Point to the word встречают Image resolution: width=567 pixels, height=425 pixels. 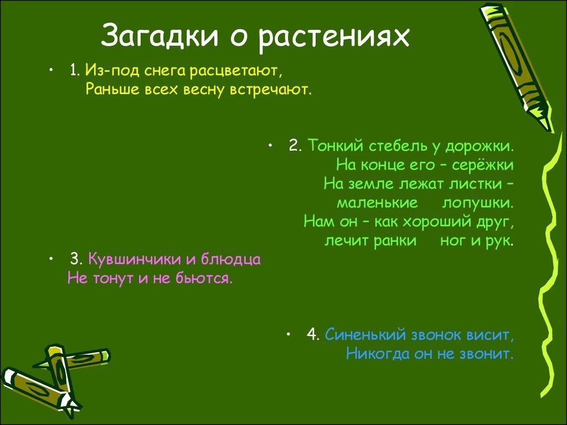(x=270, y=90)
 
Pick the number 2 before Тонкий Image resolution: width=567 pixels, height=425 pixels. (x=295, y=146)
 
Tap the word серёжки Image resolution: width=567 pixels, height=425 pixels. (x=483, y=165)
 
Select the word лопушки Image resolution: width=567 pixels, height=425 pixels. (x=478, y=203)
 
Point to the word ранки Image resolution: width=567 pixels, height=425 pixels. (x=395, y=241)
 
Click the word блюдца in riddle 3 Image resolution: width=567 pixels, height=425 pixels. (x=231, y=260)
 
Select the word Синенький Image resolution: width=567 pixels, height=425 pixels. (x=365, y=335)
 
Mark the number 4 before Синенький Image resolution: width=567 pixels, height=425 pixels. (x=313, y=335)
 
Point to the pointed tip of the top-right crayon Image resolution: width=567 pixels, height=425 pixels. (x=551, y=131)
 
